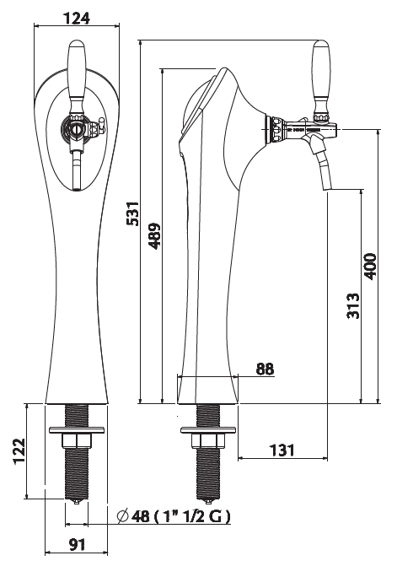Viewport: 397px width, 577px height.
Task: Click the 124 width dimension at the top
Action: pyautogui.click(x=77, y=18)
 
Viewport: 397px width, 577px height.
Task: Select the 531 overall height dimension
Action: pyautogui.click(x=132, y=213)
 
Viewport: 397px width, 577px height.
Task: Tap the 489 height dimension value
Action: pyautogui.click(x=155, y=236)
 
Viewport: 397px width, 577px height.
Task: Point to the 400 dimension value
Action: pyautogui.click(x=370, y=266)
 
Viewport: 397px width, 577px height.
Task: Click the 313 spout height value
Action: pyautogui.click(x=353, y=305)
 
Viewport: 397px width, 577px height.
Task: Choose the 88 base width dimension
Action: pyautogui.click(x=265, y=369)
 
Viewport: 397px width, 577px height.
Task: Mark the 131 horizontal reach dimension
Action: pyautogui.click(x=282, y=450)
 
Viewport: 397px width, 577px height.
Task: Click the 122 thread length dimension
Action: pyautogui.click(x=19, y=451)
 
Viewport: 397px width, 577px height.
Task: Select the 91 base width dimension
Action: pyautogui.click(x=77, y=544)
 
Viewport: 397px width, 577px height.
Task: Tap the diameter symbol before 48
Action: pyautogui.click(x=122, y=516)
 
